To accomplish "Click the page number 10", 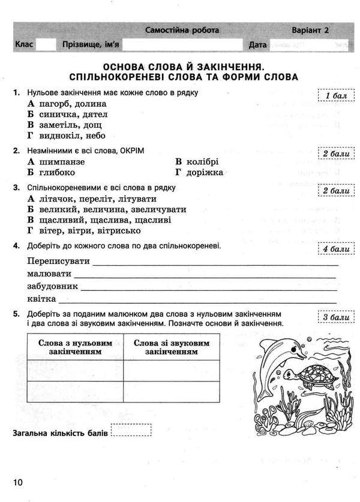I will tap(16, 482).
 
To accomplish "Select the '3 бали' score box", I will tap(332, 317).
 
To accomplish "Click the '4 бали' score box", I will tap(332, 249).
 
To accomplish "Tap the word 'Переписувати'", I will tap(59, 261).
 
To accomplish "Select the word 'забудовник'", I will tap(53, 286).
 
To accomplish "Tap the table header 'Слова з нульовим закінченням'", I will tap(75, 347).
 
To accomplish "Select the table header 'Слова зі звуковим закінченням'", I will tap(172, 347).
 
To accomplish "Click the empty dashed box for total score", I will tap(132, 432).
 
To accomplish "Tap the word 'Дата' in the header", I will tap(256, 45).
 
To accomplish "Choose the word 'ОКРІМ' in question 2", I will tap(131, 150).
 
